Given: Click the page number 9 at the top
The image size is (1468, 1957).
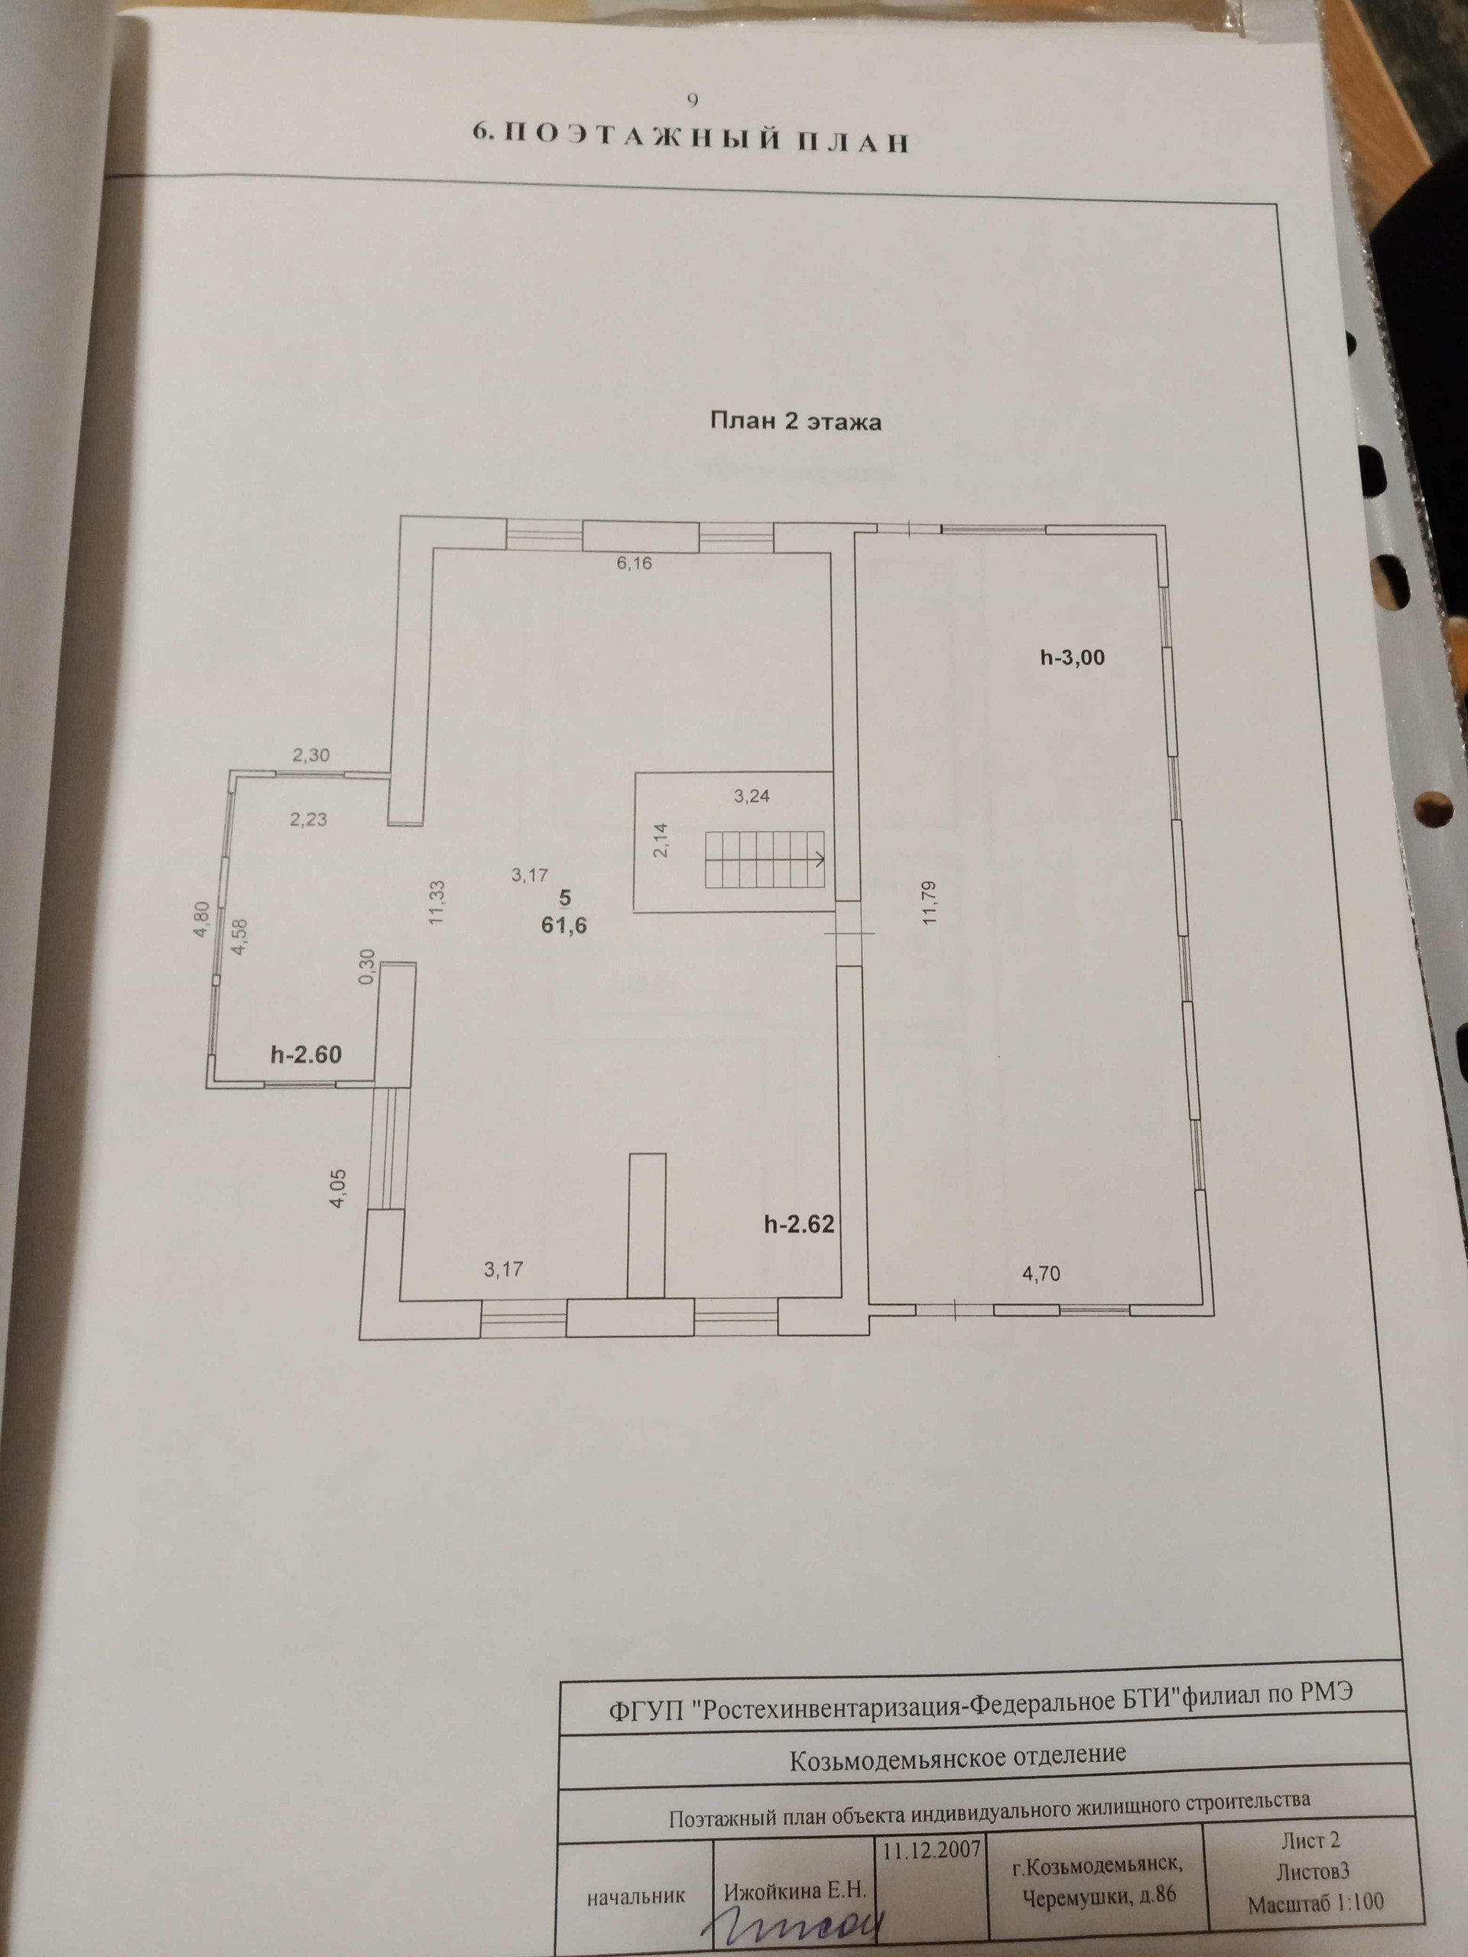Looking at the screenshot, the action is (692, 100).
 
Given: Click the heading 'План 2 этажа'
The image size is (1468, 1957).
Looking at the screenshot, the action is (795, 422).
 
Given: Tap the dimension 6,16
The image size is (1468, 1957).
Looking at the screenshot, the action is (635, 563).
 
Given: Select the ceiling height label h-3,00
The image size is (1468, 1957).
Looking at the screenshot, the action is (1073, 657).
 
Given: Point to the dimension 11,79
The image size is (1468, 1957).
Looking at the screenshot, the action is (928, 901).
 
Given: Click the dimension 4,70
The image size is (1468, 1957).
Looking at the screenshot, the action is (1041, 1274).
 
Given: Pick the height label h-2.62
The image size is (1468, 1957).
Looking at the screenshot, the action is (800, 1224).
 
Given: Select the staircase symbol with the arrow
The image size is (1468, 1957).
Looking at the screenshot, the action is (766, 860).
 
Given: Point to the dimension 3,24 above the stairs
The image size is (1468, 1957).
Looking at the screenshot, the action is (752, 795).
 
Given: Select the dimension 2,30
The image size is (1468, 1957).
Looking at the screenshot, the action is (310, 755).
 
